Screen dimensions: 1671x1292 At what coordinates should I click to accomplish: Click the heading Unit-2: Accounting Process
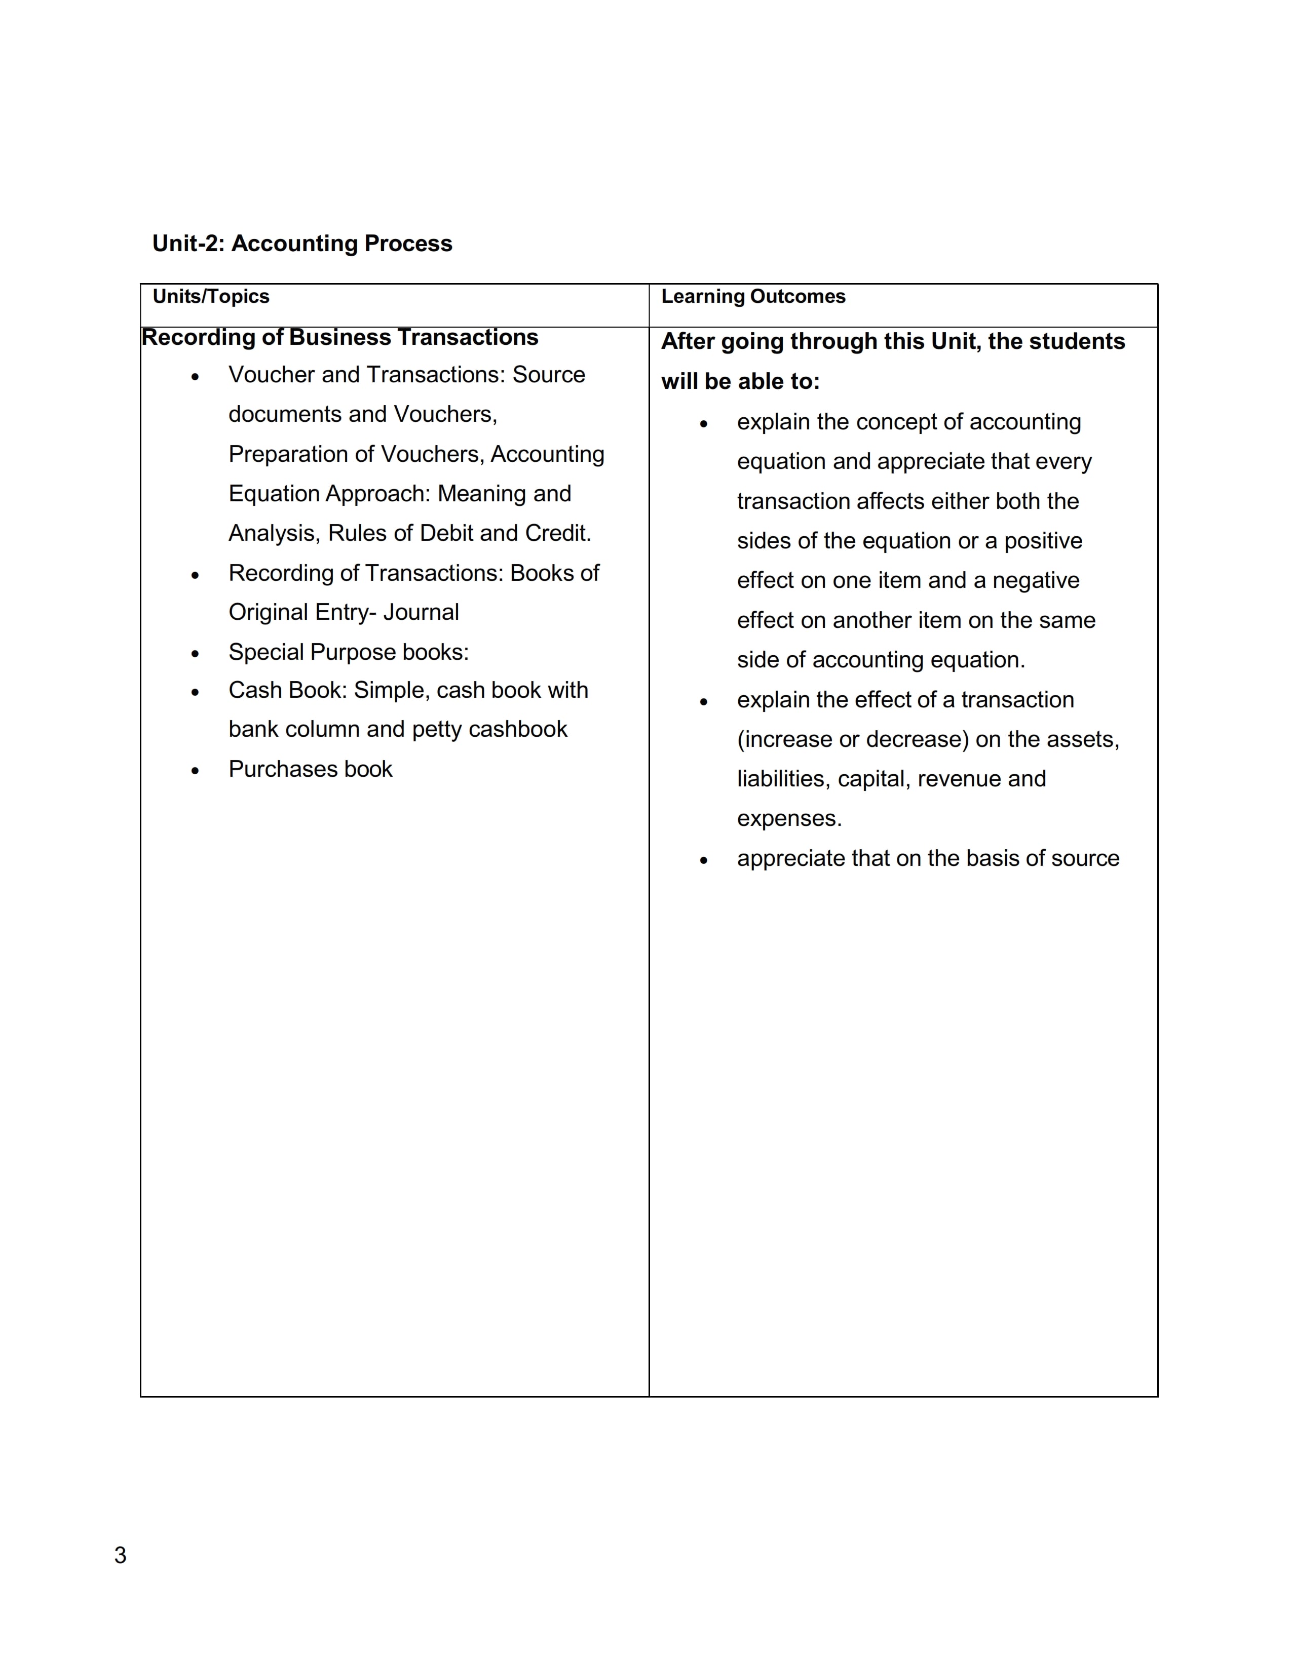(302, 243)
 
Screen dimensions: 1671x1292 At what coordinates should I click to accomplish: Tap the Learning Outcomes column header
(753, 296)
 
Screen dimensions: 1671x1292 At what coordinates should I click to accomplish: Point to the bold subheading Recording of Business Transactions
(340, 337)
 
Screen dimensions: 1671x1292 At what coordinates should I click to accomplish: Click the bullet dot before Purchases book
(195, 771)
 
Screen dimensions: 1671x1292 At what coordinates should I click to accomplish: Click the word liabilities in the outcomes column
(784, 779)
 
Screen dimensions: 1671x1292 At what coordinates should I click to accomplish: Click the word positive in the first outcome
(1043, 541)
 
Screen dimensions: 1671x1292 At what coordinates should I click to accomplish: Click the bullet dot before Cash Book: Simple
(195, 692)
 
